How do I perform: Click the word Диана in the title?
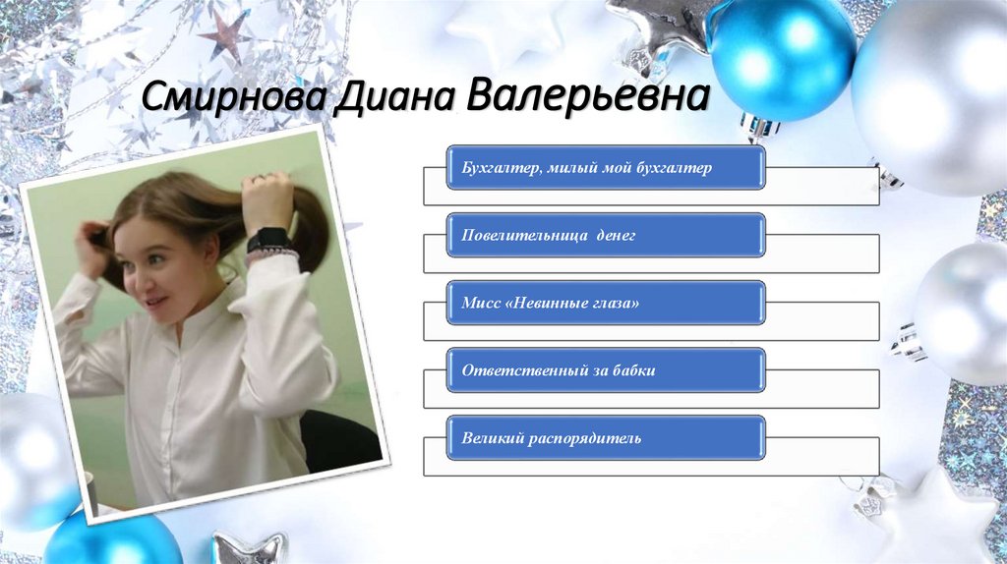coord(389,98)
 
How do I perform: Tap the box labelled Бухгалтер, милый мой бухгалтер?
coord(606,169)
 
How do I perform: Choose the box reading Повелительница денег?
coord(606,237)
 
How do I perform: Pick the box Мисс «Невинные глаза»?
coord(606,304)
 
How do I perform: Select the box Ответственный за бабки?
coord(606,370)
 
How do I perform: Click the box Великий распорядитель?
coord(606,437)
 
